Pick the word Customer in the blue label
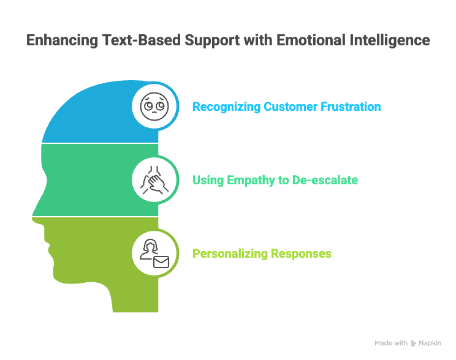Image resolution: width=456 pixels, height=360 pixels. (287, 107)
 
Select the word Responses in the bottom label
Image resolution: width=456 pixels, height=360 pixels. (300, 254)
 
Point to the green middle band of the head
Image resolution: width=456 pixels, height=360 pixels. (92, 180)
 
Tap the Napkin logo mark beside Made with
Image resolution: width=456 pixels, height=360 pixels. (414, 343)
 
